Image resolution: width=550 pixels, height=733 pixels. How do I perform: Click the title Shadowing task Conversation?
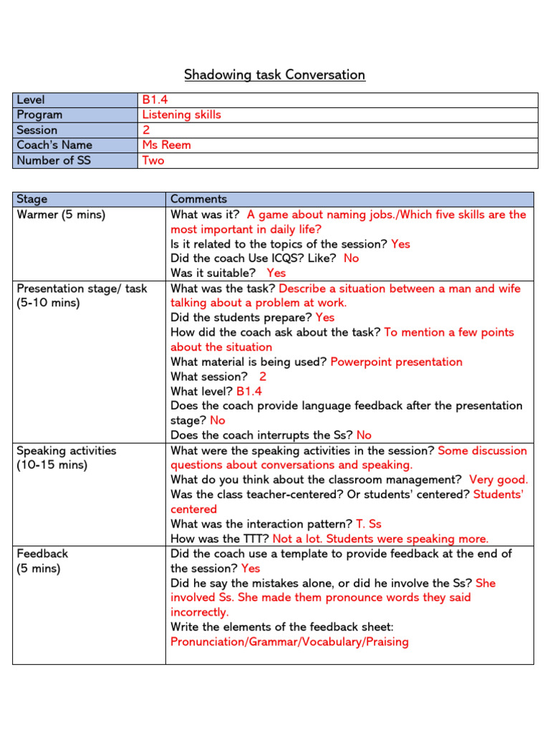click(x=274, y=74)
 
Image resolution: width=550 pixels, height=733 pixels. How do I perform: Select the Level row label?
click(x=30, y=100)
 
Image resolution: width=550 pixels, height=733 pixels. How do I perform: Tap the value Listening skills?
click(x=181, y=115)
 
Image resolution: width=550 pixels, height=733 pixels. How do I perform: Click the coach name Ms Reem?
click(x=166, y=145)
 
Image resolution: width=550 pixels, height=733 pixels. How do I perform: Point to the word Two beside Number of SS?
click(x=153, y=160)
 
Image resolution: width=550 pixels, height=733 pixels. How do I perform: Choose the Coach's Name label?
click(x=54, y=145)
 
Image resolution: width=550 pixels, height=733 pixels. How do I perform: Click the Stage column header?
click(x=32, y=199)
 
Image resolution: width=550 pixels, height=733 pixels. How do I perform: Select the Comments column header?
click(x=198, y=199)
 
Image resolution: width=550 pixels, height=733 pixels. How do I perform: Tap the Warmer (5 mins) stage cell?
click(x=60, y=215)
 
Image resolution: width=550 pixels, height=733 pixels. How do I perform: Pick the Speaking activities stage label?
click(x=66, y=451)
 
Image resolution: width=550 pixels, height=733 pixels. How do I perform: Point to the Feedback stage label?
click(x=42, y=554)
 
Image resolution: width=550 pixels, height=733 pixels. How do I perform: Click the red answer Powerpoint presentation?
click(x=396, y=362)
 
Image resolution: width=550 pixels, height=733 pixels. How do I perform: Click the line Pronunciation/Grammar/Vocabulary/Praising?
click(x=289, y=642)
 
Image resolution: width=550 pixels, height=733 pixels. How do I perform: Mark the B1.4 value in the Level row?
click(x=156, y=100)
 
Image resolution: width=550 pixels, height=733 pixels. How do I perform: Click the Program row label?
click(x=39, y=115)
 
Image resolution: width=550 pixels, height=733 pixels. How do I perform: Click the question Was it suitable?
click(x=213, y=273)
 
